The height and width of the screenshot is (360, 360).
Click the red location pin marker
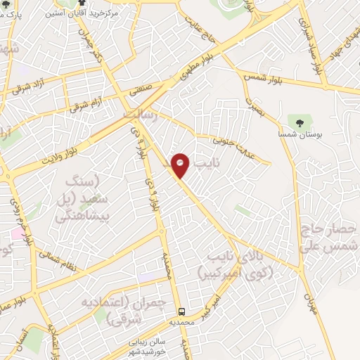pos(181,165)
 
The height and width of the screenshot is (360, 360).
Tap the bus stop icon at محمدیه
pos(182,310)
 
